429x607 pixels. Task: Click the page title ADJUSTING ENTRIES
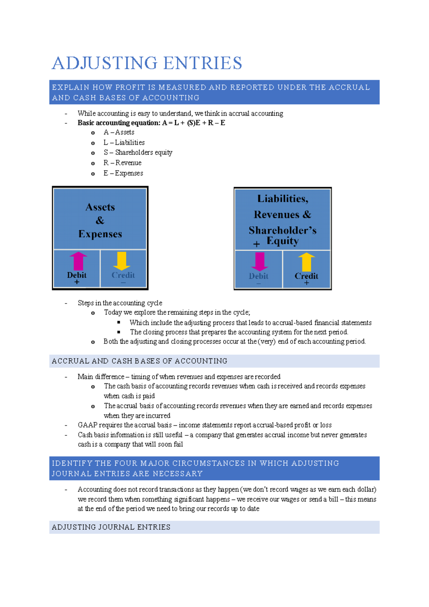tap(147, 63)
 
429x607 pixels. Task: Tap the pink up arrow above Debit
tap(78, 261)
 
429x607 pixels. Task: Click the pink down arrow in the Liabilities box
tap(260, 262)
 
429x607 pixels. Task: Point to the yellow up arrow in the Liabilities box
tap(306, 262)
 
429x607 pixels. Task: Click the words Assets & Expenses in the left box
tap(100, 220)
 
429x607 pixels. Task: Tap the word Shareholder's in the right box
tap(282, 230)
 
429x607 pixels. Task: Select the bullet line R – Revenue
tap(122, 163)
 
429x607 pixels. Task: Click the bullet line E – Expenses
tap(123, 173)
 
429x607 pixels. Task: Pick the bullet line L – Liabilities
tap(124, 143)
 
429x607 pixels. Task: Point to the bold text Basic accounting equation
tap(119, 123)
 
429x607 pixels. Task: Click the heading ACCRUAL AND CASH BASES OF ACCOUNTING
tap(139, 361)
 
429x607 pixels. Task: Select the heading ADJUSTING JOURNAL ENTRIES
tap(111, 527)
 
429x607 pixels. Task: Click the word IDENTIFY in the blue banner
tap(72, 463)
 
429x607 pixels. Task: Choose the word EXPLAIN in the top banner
tap(70, 87)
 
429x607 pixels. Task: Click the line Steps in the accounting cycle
tap(120, 303)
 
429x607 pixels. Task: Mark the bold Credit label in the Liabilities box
tap(306, 276)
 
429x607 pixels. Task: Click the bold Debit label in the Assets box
tap(77, 275)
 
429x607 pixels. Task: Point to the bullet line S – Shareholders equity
tap(138, 153)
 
